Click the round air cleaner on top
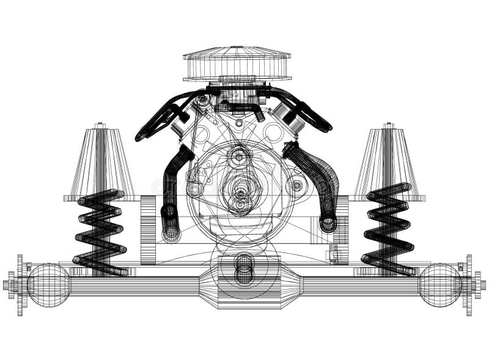(237, 64)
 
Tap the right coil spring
(388, 229)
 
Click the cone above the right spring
(389, 162)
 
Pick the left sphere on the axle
(48, 285)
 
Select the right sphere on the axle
(439, 285)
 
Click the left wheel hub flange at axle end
(20, 285)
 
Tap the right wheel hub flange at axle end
(469, 285)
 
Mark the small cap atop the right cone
(389, 126)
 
